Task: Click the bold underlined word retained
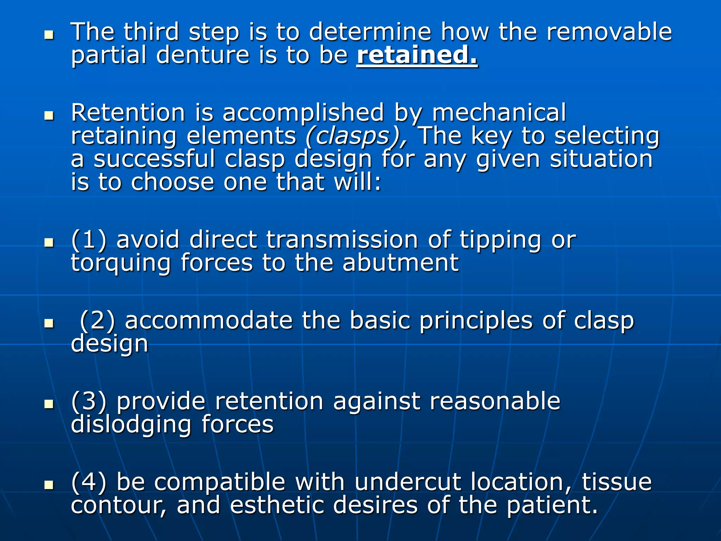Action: coord(417,55)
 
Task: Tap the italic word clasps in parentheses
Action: coord(356,136)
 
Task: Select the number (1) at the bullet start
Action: coord(89,240)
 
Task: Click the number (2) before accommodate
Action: coord(98,321)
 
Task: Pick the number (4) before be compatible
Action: coord(89,482)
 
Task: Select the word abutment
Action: coord(401,263)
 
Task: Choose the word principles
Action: coord(476,322)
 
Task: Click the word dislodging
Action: coord(131,425)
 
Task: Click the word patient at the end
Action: coord(552,505)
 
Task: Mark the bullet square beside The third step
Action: coord(49,35)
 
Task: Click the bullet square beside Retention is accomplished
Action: coord(49,116)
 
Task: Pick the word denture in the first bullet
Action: coord(202,55)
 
